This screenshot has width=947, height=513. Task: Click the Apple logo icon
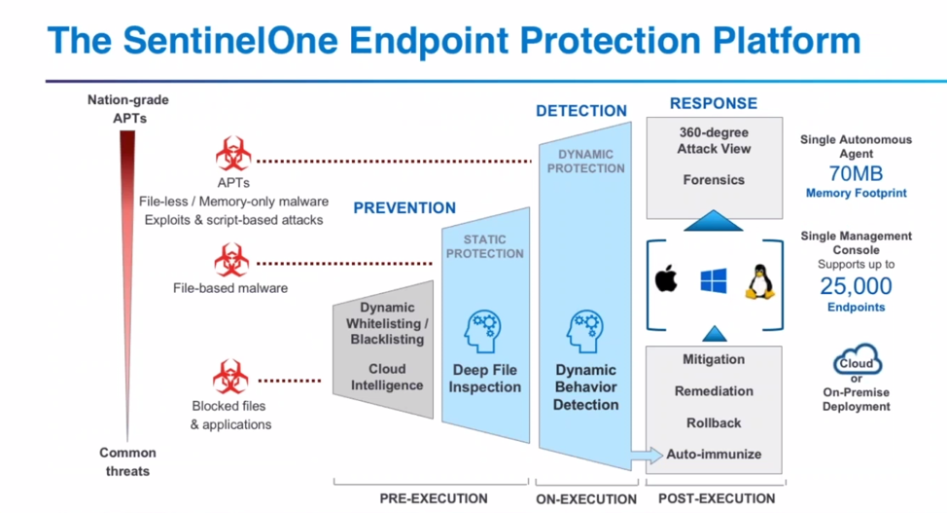pyautogui.click(x=665, y=280)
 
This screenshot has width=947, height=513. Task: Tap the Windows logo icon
pyautogui.click(x=714, y=281)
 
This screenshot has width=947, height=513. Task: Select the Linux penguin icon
pyautogui.click(x=759, y=280)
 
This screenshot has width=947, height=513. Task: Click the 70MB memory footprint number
pyautogui.click(x=856, y=174)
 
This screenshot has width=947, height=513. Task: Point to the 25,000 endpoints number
pyautogui.click(x=856, y=286)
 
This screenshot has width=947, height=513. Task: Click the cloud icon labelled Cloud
pyautogui.click(x=856, y=363)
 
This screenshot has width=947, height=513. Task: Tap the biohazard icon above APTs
pyautogui.click(x=232, y=155)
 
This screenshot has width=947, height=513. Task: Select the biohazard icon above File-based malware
pyautogui.click(x=232, y=261)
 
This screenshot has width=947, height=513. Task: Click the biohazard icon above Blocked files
pyautogui.click(x=230, y=378)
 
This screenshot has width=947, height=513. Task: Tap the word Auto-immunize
pyautogui.click(x=714, y=455)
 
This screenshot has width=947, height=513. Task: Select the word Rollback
pyautogui.click(x=714, y=422)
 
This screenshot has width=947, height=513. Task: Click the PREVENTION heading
pyautogui.click(x=403, y=207)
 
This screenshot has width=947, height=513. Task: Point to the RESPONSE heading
pyautogui.click(x=713, y=103)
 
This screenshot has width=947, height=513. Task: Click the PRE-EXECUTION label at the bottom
pyautogui.click(x=433, y=498)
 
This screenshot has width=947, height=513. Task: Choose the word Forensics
pyautogui.click(x=713, y=180)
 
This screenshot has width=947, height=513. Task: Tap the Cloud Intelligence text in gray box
pyautogui.click(x=387, y=377)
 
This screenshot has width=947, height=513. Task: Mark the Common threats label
pyautogui.click(x=126, y=461)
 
